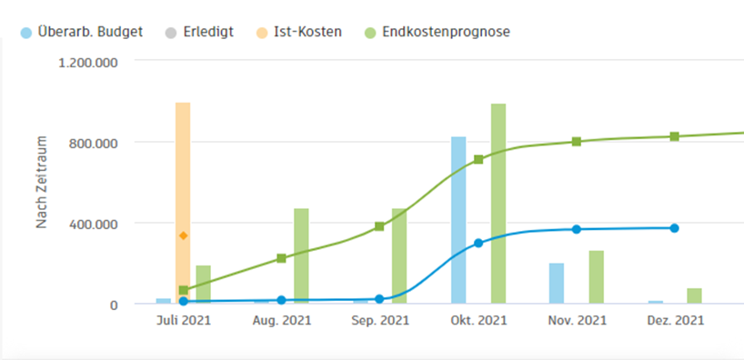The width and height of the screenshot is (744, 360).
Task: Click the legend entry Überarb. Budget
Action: tap(90, 32)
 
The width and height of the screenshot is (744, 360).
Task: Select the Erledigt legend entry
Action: tap(206, 32)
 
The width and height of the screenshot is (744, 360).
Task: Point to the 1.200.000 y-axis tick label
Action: tap(86, 62)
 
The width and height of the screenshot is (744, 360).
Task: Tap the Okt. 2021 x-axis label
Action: tap(478, 321)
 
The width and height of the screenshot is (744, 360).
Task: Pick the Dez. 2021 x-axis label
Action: tap(674, 321)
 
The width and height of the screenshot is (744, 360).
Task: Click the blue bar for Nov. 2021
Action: tap(557, 283)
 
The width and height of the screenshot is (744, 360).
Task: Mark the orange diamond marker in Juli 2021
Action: tap(183, 235)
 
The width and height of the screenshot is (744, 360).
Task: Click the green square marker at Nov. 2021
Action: tap(577, 142)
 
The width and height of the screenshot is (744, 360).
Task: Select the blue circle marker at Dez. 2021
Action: tap(674, 228)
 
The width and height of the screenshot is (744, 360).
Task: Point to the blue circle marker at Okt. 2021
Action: tap(478, 244)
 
